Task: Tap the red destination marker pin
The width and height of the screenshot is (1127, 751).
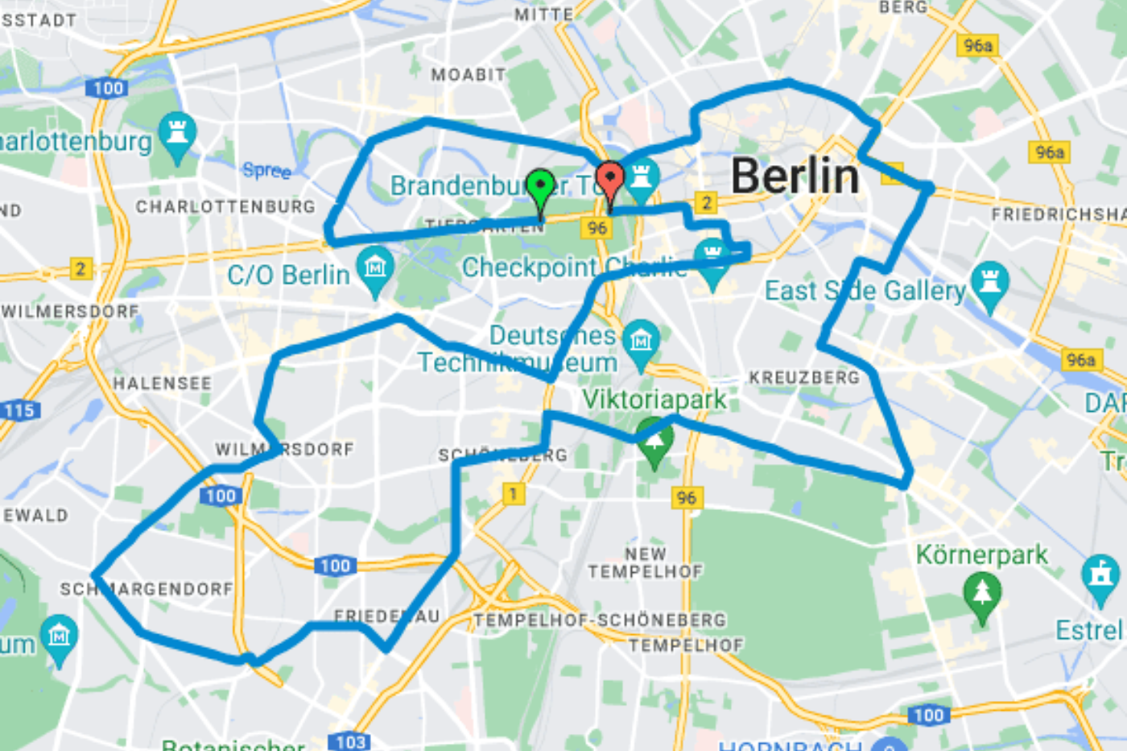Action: click(x=609, y=180)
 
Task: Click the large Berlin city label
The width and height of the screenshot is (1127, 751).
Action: click(x=795, y=176)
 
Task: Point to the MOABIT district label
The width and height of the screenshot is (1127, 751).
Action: click(x=468, y=75)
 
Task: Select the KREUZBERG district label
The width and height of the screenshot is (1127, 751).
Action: click(x=804, y=377)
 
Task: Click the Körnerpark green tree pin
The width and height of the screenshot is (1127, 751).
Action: click(x=982, y=595)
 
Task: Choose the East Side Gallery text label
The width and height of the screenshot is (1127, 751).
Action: click(x=865, y=290)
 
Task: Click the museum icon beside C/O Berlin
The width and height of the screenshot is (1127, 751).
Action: click(x=375, y=268)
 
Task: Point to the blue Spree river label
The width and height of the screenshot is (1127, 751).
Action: click(x=266, y=170)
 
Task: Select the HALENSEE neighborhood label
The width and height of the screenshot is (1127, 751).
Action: click(x=162, y=384)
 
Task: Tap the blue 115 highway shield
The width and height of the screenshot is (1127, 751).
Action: click(x=19, y=410)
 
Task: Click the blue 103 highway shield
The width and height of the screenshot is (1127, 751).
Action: click(x=350, y=741)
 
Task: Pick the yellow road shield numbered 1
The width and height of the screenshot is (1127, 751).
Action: click(x=514, y=493)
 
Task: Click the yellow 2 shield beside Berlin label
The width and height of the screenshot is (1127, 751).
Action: click(x=706, y=202)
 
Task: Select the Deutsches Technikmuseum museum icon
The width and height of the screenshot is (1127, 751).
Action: click(x=640, y=341)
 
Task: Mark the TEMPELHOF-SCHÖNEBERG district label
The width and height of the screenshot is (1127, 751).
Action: click(x=600, y=620)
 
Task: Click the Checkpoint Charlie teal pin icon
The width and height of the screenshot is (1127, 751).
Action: click(x=712, y=258)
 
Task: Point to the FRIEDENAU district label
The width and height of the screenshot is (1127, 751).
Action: click(x=386, y=616)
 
